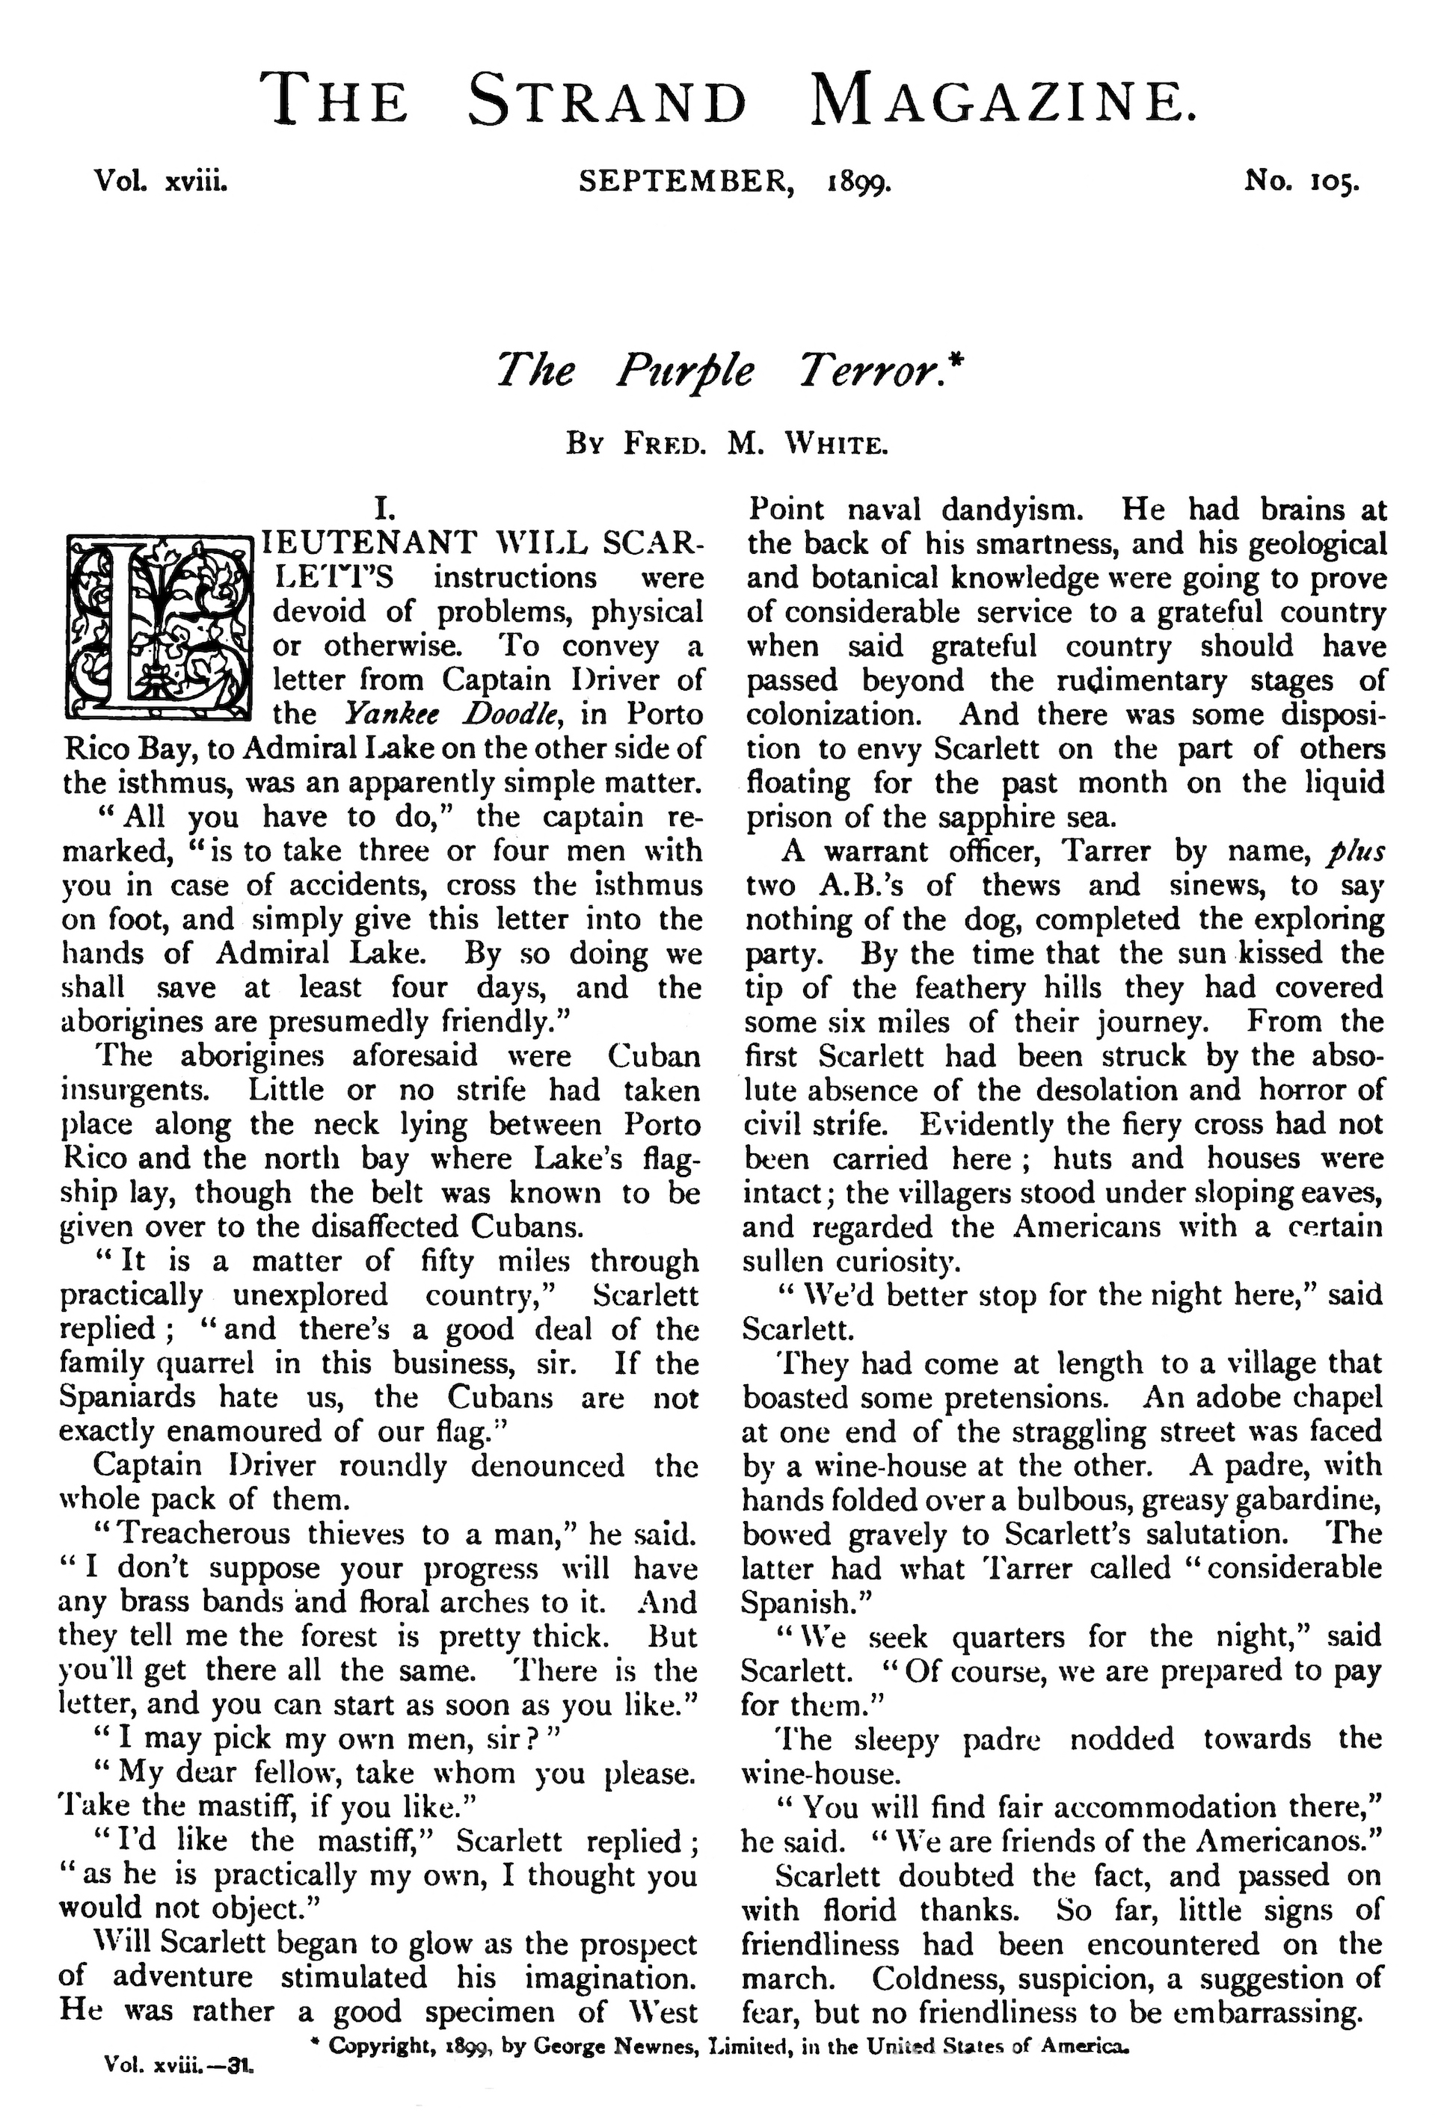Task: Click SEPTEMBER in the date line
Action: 685,182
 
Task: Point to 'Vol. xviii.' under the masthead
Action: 161,182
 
